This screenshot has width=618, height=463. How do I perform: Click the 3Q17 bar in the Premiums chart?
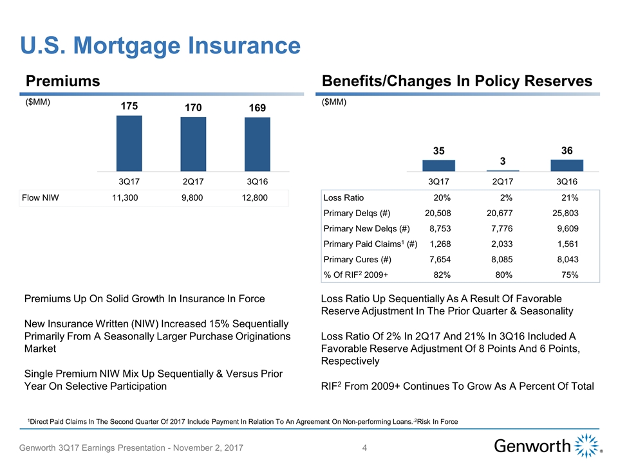pos(129,143)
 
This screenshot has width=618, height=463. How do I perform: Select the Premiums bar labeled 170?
pos(193,144)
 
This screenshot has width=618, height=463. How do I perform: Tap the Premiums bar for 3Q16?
pos(257,144)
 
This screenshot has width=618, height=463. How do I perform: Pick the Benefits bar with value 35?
pos(438,165)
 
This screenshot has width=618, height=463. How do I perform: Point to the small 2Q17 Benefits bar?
pos(503,170)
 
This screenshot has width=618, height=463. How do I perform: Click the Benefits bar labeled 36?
pos(566,165)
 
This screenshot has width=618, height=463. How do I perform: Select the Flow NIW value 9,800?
pos(192,197)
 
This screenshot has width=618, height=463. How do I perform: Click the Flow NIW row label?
pos(41,197)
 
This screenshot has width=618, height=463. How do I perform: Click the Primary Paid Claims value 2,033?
pos(500,244)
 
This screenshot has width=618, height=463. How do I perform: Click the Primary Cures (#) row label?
pos(356,259)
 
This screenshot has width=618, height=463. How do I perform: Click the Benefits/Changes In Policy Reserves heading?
pos(456,80)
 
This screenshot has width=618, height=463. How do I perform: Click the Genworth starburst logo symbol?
pos(586,445)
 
